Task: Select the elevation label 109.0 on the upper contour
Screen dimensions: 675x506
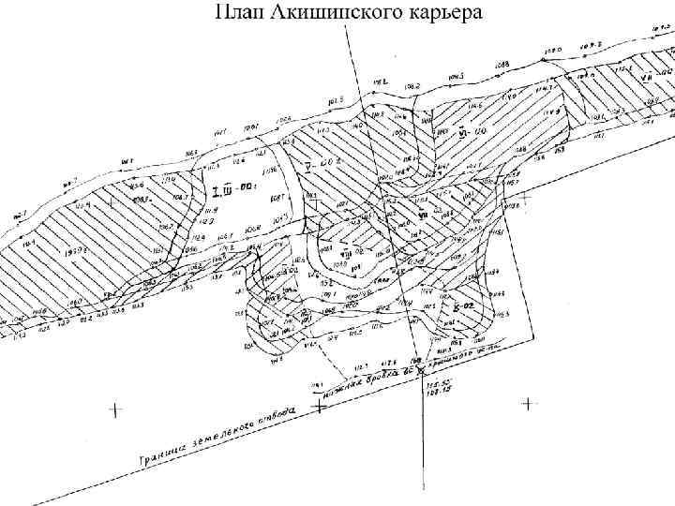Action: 552,49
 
